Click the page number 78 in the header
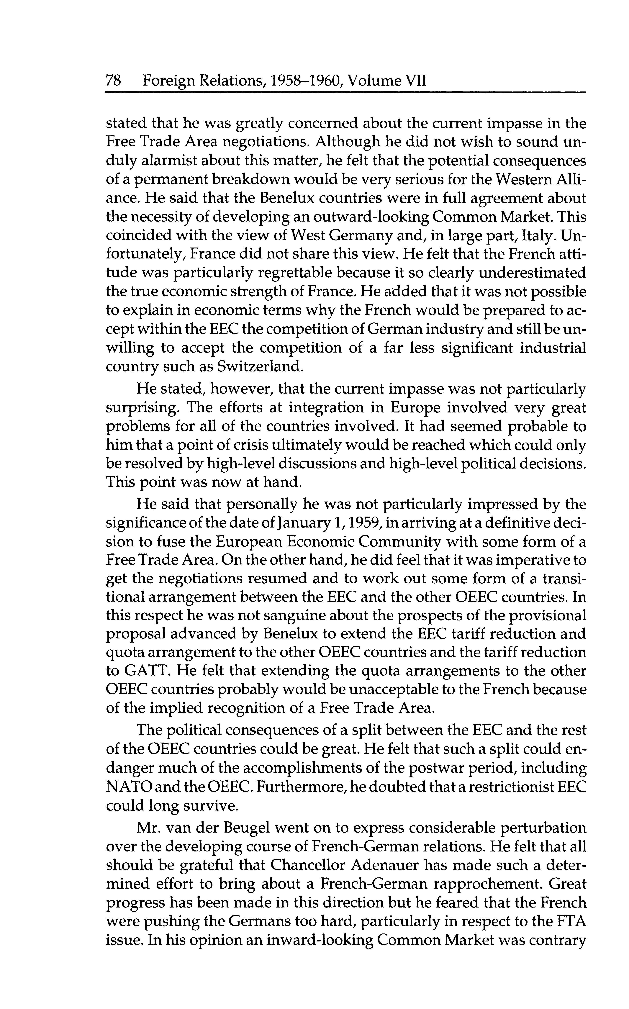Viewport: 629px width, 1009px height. [x=114, y=80]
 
